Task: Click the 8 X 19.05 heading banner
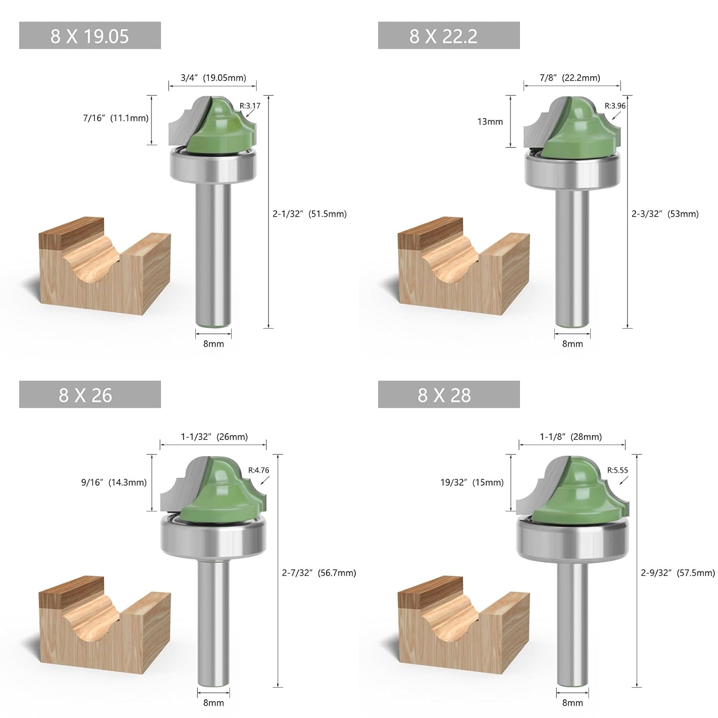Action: click(90, 36)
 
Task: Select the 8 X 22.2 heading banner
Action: click(449, 36)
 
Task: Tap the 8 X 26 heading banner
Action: click(90, 395)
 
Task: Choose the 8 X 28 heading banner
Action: click(449, 395)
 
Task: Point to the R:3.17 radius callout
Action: click(250, 106)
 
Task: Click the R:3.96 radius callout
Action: click(615, 106)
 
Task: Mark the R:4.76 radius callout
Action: click(258, 470)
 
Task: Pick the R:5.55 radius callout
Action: click(617, 470)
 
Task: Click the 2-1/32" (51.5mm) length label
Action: click(309, 214)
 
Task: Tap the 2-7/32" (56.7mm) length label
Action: click(319, 573)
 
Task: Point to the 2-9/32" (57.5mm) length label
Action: click(678, 573)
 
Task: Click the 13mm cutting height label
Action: click(490, 122)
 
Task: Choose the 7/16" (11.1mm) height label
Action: click(115, 118)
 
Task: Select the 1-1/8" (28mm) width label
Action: click(571, 437)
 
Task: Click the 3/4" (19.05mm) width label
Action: click(213, 78)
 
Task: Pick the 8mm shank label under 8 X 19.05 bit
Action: click(213, 344)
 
